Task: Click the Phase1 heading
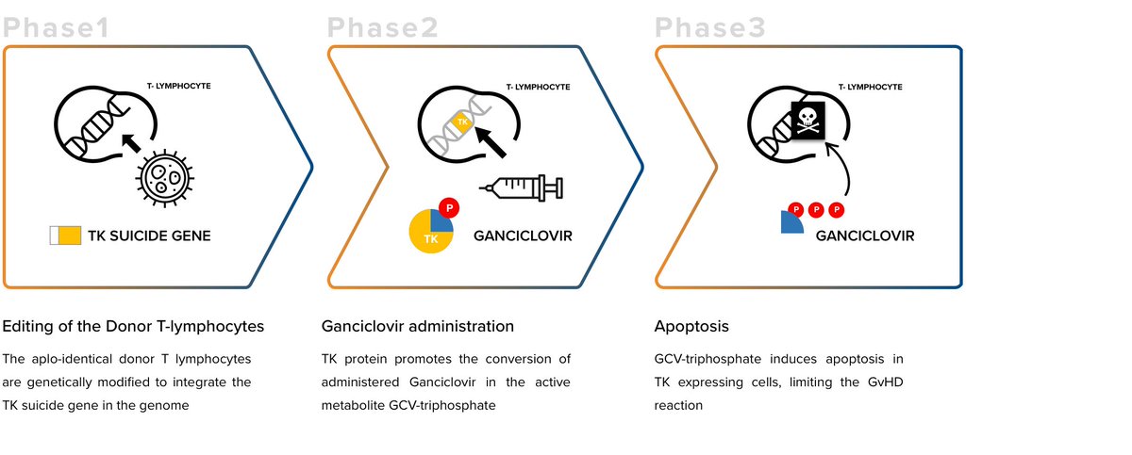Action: (x=57, y=28)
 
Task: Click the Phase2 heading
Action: (x=382, y=28)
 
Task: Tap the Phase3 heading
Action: (x=710, y=28)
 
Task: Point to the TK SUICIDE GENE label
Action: (x=149, y=236)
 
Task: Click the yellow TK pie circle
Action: (x=429, y=232)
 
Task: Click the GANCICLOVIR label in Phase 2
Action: (x=523, y=236)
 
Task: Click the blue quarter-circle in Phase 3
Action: (x=791, y=222)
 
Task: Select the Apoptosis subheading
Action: (x=691, y=327)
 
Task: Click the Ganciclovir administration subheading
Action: (x=418, y=327)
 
